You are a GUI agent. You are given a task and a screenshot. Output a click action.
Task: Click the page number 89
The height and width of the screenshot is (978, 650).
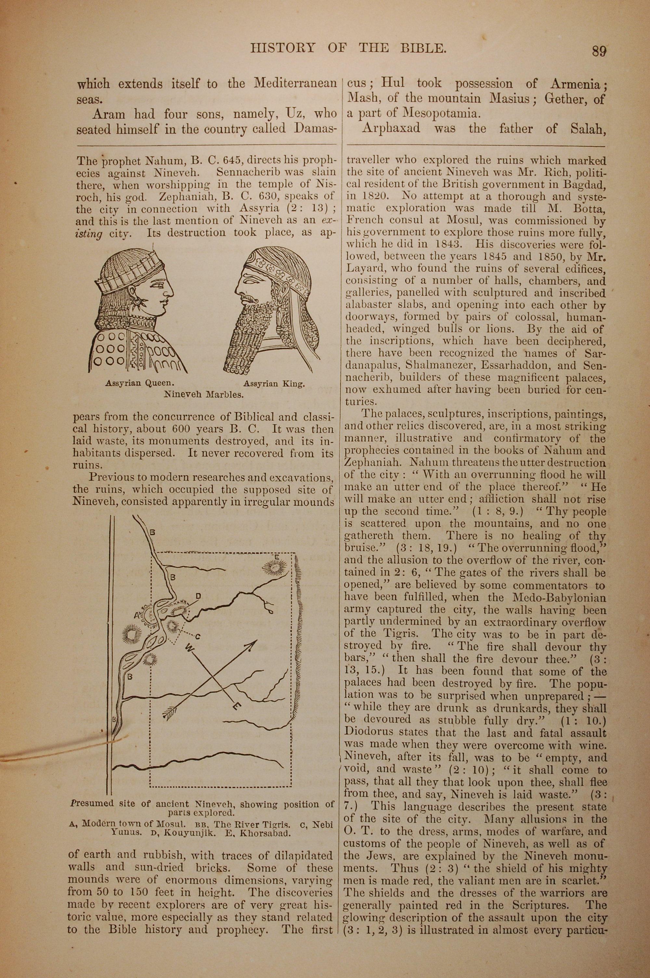pyautogui.click(x=599, y=51)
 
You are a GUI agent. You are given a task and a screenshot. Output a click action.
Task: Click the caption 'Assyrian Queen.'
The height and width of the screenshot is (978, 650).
pyautogui.click(x=136, y=383)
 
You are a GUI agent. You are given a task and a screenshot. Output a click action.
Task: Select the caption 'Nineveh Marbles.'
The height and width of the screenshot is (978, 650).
pyautogui.click(x=203, y=394)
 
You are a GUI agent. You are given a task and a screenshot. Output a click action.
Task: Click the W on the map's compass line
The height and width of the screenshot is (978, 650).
pyautogui.click(x=189, y=647)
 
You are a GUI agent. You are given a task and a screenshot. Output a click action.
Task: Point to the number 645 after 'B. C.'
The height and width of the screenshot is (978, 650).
pyautogui.click(x=236, y=160)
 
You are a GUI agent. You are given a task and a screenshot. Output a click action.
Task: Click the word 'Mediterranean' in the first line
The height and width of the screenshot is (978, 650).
pyautogui.click(x=295, y=84)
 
